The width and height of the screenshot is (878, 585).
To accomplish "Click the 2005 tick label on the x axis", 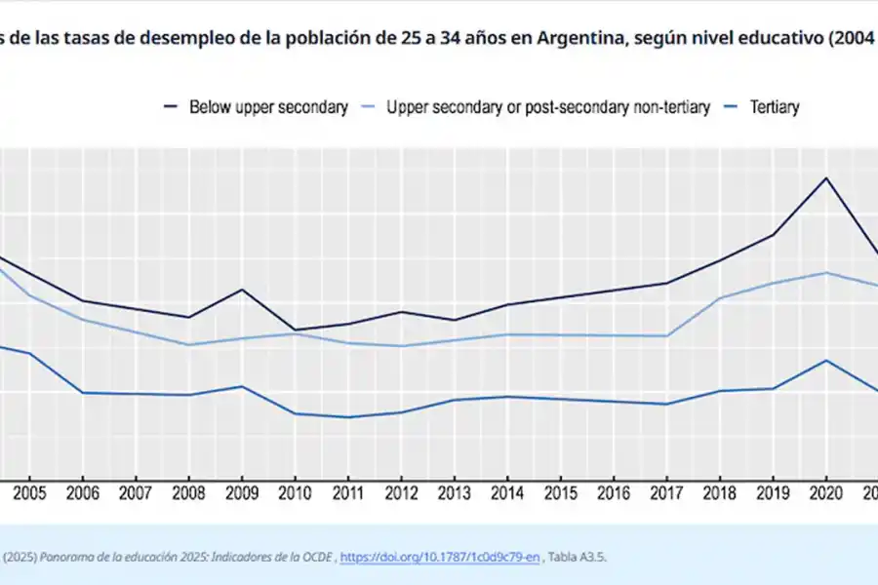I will pyautogui.click(x=29, y=493).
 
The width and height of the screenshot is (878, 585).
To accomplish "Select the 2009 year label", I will pyautogui.click(x=241, y=493).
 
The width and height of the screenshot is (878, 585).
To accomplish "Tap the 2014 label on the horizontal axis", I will pyautogui.click(x=506, y=493).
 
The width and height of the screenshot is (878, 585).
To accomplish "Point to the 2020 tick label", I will pyautogui.click(x=826, y=493).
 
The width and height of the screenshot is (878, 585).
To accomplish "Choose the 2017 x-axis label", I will pyautogui.click(x=666, y=493).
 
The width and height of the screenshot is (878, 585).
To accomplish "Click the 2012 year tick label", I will pyautogui.click(x=401, y=493).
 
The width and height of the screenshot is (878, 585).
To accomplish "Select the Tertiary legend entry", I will pyautogui.click(x=774, y=107).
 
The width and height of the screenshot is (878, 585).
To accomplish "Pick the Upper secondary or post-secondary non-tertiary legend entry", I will pyautogui.click(x=548, y=107).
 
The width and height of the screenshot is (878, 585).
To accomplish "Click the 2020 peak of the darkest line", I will pyautogui.click(x=826, y=178).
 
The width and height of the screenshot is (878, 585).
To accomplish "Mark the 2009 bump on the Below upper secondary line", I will pyautogui.click(x=241, y=290).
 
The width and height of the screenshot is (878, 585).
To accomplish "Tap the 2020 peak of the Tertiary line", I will pyautogui.click(x=826, y=361).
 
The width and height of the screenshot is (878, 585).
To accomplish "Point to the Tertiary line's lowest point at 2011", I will pyautogui.click(x=347, y=417).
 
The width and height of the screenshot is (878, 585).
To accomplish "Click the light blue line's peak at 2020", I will pyautogui.click(x=826, y=273).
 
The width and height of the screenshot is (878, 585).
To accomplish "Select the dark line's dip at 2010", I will pyautogui.click(x=294, y=330).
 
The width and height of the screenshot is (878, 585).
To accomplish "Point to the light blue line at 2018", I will pyautogui.click(x=720, y=298).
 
